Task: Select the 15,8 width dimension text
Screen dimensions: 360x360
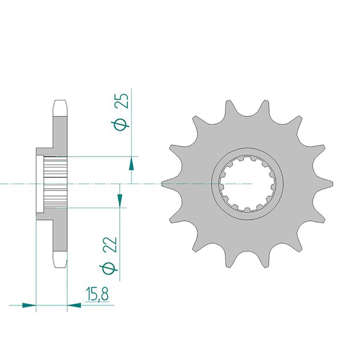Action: pyautogui.click(x=97, y=294)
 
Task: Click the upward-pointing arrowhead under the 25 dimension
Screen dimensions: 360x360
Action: pyautogui.click(x=131, y=163)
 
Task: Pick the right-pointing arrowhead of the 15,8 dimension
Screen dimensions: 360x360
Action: pyautogui.click(x=29, y=305)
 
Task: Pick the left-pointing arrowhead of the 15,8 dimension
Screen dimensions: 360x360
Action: pyautogui.click(x=74, y=305)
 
